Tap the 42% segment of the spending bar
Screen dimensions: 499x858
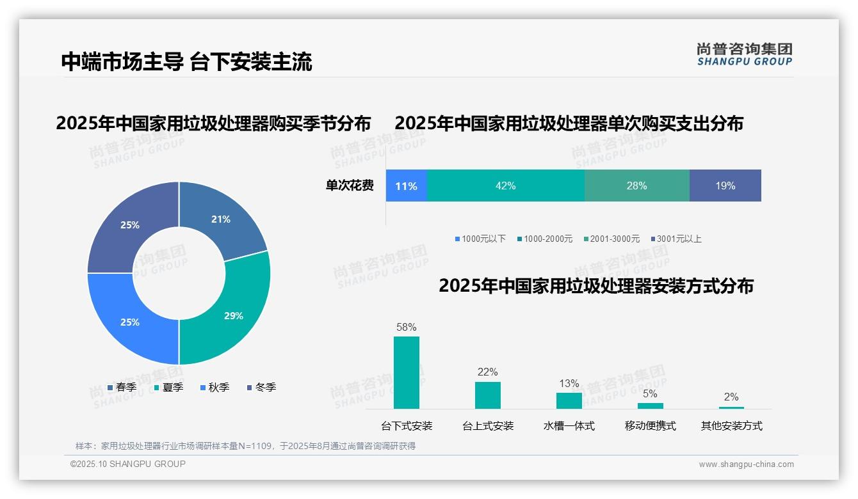(505, 186)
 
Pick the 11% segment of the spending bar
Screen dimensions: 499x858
(406, 186)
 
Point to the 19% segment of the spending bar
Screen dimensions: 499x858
(725, 186)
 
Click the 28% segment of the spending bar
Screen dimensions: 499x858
(636, 186)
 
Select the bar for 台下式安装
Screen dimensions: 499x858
(406, 372)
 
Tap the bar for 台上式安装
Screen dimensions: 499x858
(487, 395)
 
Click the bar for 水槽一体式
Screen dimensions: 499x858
(569, 400)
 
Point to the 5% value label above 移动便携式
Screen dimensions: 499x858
(650, 394)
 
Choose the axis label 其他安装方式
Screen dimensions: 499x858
(731, 426)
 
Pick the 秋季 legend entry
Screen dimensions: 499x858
(214, 387)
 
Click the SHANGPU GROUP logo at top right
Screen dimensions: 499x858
(744, 54)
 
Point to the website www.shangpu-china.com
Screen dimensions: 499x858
(746, 464)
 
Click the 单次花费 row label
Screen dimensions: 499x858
(350, 186)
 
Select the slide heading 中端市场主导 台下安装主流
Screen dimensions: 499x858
(186, 62)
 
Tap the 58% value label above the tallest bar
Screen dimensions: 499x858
(406, 327)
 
